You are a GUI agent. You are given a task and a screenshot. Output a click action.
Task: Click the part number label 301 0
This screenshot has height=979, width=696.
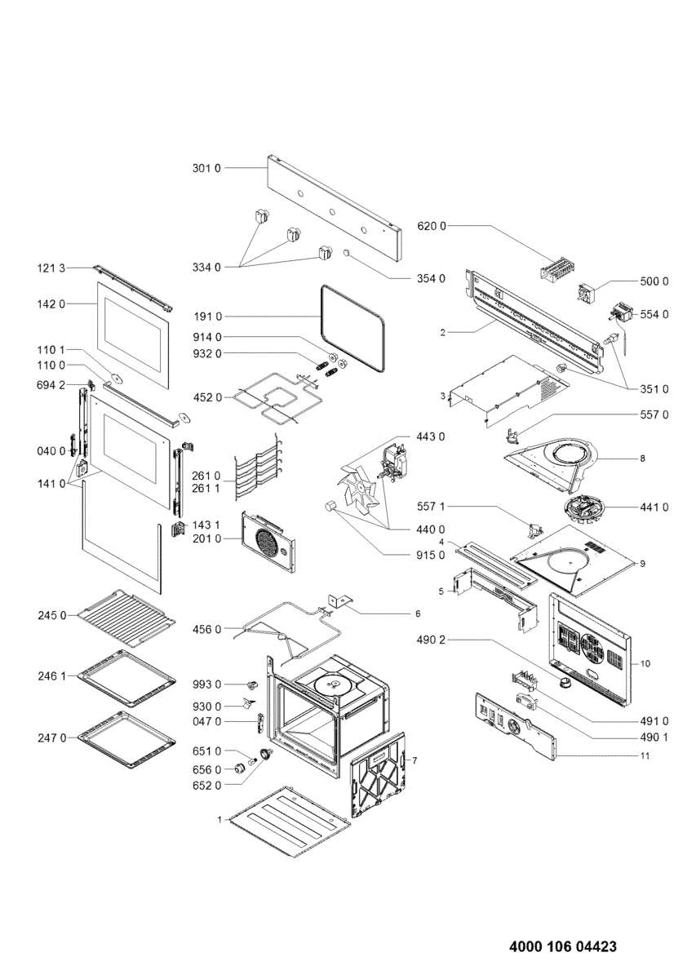coord(206,168)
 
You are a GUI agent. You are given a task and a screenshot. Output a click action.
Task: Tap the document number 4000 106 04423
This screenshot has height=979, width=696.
coord(562,947)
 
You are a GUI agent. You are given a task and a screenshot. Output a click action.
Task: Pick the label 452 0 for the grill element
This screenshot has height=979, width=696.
coord(206,397)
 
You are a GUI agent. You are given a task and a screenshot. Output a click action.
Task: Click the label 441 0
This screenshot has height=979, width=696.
coord(654,507)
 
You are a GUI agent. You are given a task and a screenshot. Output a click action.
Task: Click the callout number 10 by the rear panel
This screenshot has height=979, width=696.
coord(645,664)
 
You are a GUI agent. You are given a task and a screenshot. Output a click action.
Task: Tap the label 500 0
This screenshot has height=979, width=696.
coord(654,281)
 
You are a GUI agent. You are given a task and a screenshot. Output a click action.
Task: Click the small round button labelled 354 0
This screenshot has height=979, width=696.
coord(347,254)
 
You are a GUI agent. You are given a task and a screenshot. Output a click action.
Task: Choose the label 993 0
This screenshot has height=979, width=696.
coord(206,684)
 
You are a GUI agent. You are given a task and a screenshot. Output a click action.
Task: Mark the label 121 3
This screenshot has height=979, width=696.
coord(53,268)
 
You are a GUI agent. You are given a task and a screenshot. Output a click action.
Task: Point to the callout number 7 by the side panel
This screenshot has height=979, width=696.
coord(414,760)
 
